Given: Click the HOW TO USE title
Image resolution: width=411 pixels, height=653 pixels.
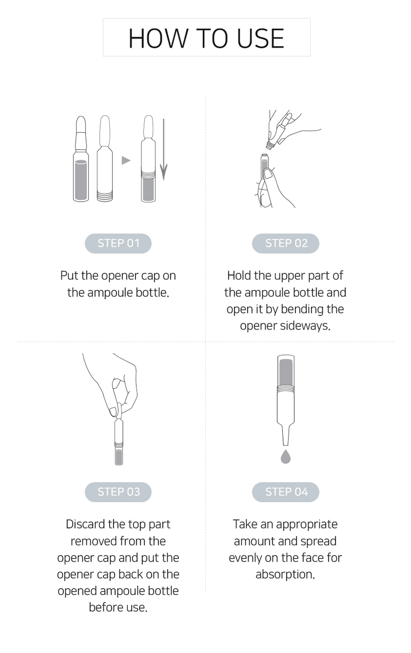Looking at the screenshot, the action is pyautogui.click(x=206, y=38).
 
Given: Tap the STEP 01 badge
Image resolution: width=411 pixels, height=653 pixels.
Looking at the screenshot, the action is pyautogui.click(x=118, y=243).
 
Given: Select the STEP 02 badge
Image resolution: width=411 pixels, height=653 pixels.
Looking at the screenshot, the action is pyautogui.click(x=286, y=243).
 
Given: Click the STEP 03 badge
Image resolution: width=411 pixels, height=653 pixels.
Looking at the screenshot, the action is pyautogui.click(x=118, y=492).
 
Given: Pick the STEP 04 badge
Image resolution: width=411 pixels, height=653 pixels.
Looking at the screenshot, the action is pyautogui.click(x=286, y=492).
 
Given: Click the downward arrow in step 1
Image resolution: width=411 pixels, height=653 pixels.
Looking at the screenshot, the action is pyautogui.click(x=164, y=149).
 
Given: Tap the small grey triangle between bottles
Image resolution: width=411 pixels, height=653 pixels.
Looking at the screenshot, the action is pyautogui.click(x=126, y=160).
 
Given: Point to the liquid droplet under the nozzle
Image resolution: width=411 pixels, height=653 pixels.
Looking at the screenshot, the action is pyautogui.click(x=285, y=456).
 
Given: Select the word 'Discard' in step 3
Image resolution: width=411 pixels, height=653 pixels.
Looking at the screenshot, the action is pyautogui.click(x=86, y=524).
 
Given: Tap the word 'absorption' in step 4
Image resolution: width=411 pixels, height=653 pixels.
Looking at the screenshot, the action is pyautogui.click(x=285, y=574).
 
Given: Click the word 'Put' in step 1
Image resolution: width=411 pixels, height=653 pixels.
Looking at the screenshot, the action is pyautogui.click(x=69, y=276).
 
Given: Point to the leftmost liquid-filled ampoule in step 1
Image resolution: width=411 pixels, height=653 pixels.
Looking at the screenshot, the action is pyautogui.click(x=81, y=159).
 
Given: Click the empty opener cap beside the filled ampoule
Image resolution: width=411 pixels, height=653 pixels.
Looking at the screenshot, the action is pyautogui.click(x=105, y=159).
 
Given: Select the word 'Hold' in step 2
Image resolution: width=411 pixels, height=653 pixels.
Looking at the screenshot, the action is pyautogui.click(x=239, y=276).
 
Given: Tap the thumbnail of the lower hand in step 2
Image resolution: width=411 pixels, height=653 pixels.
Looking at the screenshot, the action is pyautogui.click(x=268, y=174).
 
